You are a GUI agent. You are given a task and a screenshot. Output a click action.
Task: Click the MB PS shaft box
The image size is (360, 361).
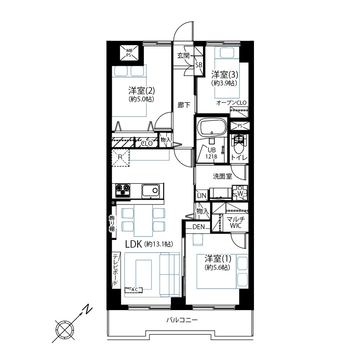[x=129, y=53]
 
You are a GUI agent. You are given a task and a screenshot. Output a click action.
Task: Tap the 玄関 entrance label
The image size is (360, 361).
[x=183, y=55]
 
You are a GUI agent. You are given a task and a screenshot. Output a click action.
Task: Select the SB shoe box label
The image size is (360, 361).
[x=198, y=65]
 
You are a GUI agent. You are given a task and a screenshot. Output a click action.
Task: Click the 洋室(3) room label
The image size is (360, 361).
[x=224, y=74]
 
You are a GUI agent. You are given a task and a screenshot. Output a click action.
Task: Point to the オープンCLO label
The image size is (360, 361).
[x=231, y=103]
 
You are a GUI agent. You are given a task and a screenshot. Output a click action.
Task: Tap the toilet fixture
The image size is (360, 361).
[x=239, y=144]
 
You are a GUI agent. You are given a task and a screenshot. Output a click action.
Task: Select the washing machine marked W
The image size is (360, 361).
[x=240, y=193]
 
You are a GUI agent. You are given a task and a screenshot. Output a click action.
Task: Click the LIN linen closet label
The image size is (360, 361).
[x=201, y=195]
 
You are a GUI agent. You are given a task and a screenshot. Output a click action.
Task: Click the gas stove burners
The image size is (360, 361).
[x=122, y=190]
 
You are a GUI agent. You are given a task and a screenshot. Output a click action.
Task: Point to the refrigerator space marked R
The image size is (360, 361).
[x=120, y=157]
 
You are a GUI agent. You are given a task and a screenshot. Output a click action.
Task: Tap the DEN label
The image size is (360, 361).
[x=198, y=227]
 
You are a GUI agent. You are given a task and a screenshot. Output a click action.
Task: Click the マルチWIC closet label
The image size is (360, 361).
[x=235, y=223]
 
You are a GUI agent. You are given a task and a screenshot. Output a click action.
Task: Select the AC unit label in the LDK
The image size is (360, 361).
[x=134, y=290]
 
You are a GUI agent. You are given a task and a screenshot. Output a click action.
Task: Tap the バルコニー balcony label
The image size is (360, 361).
[x=182, y=320]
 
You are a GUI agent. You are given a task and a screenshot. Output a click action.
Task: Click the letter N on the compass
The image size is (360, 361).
[x=87, y=309]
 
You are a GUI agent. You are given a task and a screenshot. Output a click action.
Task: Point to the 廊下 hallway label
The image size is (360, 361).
[x=184, y=105]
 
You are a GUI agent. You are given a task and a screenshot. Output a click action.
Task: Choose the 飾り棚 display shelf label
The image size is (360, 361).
[x=112, y=223]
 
